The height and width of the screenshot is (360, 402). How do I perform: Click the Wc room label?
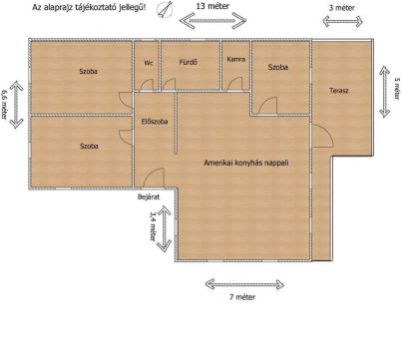[149, 63]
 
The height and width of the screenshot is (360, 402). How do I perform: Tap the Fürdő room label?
[189, 62]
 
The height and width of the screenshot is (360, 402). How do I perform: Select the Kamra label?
[236, 59]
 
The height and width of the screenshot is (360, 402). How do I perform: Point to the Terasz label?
[339, 91]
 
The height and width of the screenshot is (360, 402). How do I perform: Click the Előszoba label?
[155, 122]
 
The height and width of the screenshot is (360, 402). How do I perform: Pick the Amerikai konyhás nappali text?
[246, 163]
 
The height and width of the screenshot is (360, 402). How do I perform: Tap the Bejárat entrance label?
[149, 196]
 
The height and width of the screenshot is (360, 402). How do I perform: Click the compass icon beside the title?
[165, 9]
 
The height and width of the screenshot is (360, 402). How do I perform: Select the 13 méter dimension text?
[212, 6]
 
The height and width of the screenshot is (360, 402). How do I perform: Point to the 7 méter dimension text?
[242, 297]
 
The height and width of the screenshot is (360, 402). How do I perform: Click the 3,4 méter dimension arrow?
[164, 228]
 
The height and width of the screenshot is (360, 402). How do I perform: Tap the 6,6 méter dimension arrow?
[17, 105]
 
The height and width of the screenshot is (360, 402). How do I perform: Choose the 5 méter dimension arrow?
[385, 92]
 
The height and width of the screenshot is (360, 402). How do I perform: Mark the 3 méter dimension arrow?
[342, 22]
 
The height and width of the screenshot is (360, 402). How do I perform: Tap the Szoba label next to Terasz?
[278, 67]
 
